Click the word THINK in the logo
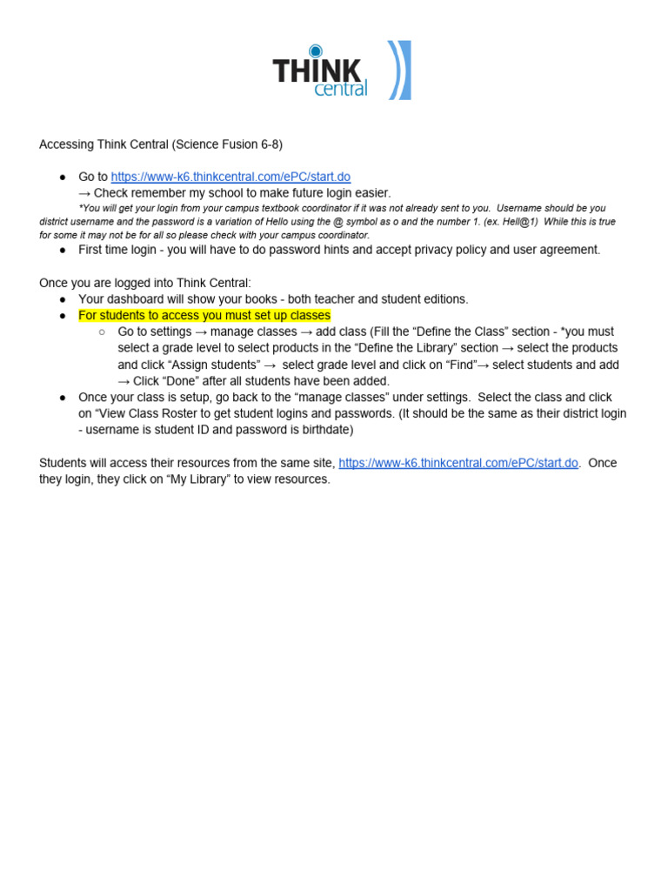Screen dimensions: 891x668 [x=317, y=70]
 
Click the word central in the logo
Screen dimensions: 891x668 [x=341, y=89]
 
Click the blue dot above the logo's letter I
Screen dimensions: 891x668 [x=315, y=50]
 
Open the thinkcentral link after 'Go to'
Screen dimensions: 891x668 [x=230, y=177]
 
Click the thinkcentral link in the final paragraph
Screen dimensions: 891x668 [x=458, y=463]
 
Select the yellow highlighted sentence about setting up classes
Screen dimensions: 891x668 [x=204, y=315]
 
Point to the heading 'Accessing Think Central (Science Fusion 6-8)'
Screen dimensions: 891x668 [x=161, y=144]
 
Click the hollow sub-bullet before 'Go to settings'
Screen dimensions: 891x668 [x=102, y=332]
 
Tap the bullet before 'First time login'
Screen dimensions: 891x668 [x=63, y=250]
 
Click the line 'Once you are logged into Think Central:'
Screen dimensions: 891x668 [x=145, y=283]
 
